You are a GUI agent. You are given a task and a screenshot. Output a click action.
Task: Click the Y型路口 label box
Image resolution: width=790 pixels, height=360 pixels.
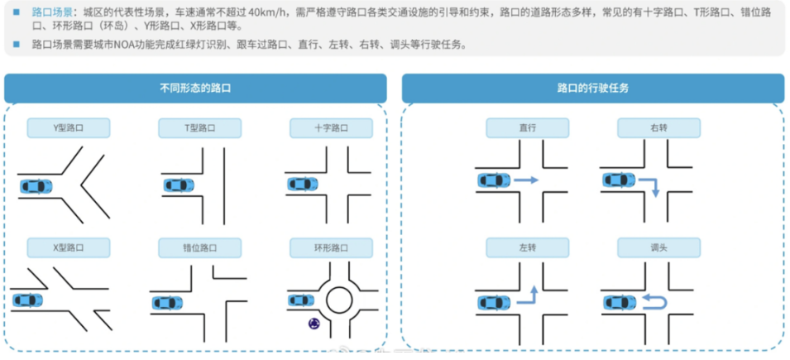tap(69, 128)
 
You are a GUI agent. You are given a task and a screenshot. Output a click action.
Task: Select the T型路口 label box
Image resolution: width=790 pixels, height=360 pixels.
tap(199, 128)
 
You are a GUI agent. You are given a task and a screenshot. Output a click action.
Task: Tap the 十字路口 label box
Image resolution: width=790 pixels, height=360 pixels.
tap(331, 128)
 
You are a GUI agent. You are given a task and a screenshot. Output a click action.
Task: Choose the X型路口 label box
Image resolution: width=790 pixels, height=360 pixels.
tap(69, 247)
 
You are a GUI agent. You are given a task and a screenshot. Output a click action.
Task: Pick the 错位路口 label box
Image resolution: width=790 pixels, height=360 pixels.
tap(199, 247)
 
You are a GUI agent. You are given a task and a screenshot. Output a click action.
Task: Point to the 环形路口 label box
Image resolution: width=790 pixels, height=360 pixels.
tap(331, 247)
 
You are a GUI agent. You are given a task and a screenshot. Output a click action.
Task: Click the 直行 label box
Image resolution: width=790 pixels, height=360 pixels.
tap(528, 128)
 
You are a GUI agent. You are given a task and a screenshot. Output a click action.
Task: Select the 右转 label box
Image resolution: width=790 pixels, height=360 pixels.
tap(658, 128)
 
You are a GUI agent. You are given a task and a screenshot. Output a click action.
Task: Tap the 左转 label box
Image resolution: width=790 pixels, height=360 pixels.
tap(528, 247)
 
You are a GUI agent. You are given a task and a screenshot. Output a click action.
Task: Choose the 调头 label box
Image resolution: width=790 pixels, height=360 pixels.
tap(658, 247)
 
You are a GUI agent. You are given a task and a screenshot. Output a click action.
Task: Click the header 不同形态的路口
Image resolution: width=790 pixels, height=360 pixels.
tap(195, 88)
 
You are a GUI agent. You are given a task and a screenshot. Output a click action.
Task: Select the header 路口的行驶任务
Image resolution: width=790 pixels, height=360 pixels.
tap(592, 88)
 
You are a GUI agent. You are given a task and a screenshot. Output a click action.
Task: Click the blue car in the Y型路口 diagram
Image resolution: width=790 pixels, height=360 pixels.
tap(36, 186)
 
